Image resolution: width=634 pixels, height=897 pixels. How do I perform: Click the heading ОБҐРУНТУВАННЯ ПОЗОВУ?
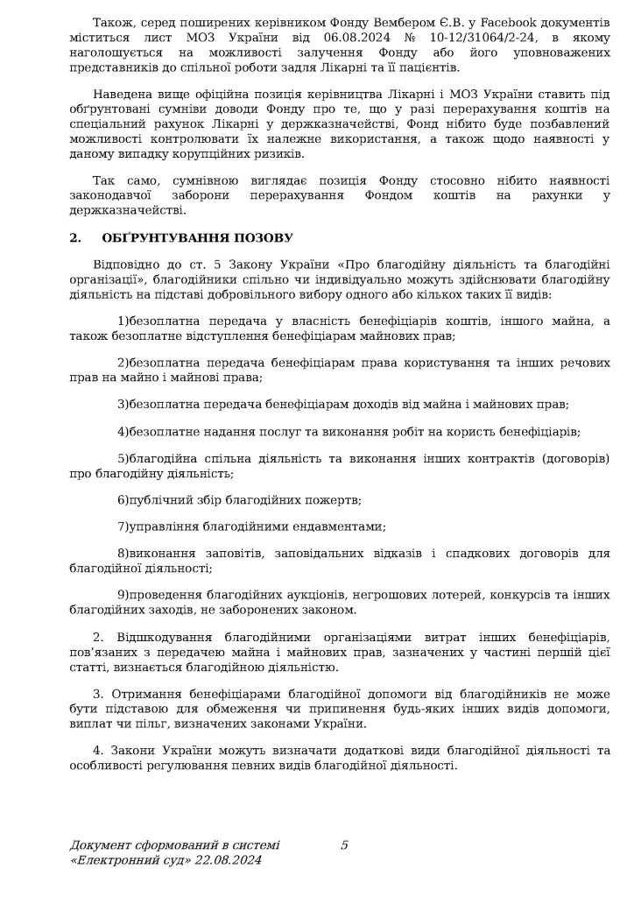coord(197,237)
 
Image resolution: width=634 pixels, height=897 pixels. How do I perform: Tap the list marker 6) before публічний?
coord(123,500)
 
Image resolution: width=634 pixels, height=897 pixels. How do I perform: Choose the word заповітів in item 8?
coord(231,554)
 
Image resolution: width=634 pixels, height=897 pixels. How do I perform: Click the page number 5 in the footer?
coord(344,845)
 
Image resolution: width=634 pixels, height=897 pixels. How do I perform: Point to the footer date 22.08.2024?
coord(230,861)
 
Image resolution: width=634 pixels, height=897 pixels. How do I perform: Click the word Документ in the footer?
coord(100,845)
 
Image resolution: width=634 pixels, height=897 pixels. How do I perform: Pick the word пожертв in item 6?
coord(333,500)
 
